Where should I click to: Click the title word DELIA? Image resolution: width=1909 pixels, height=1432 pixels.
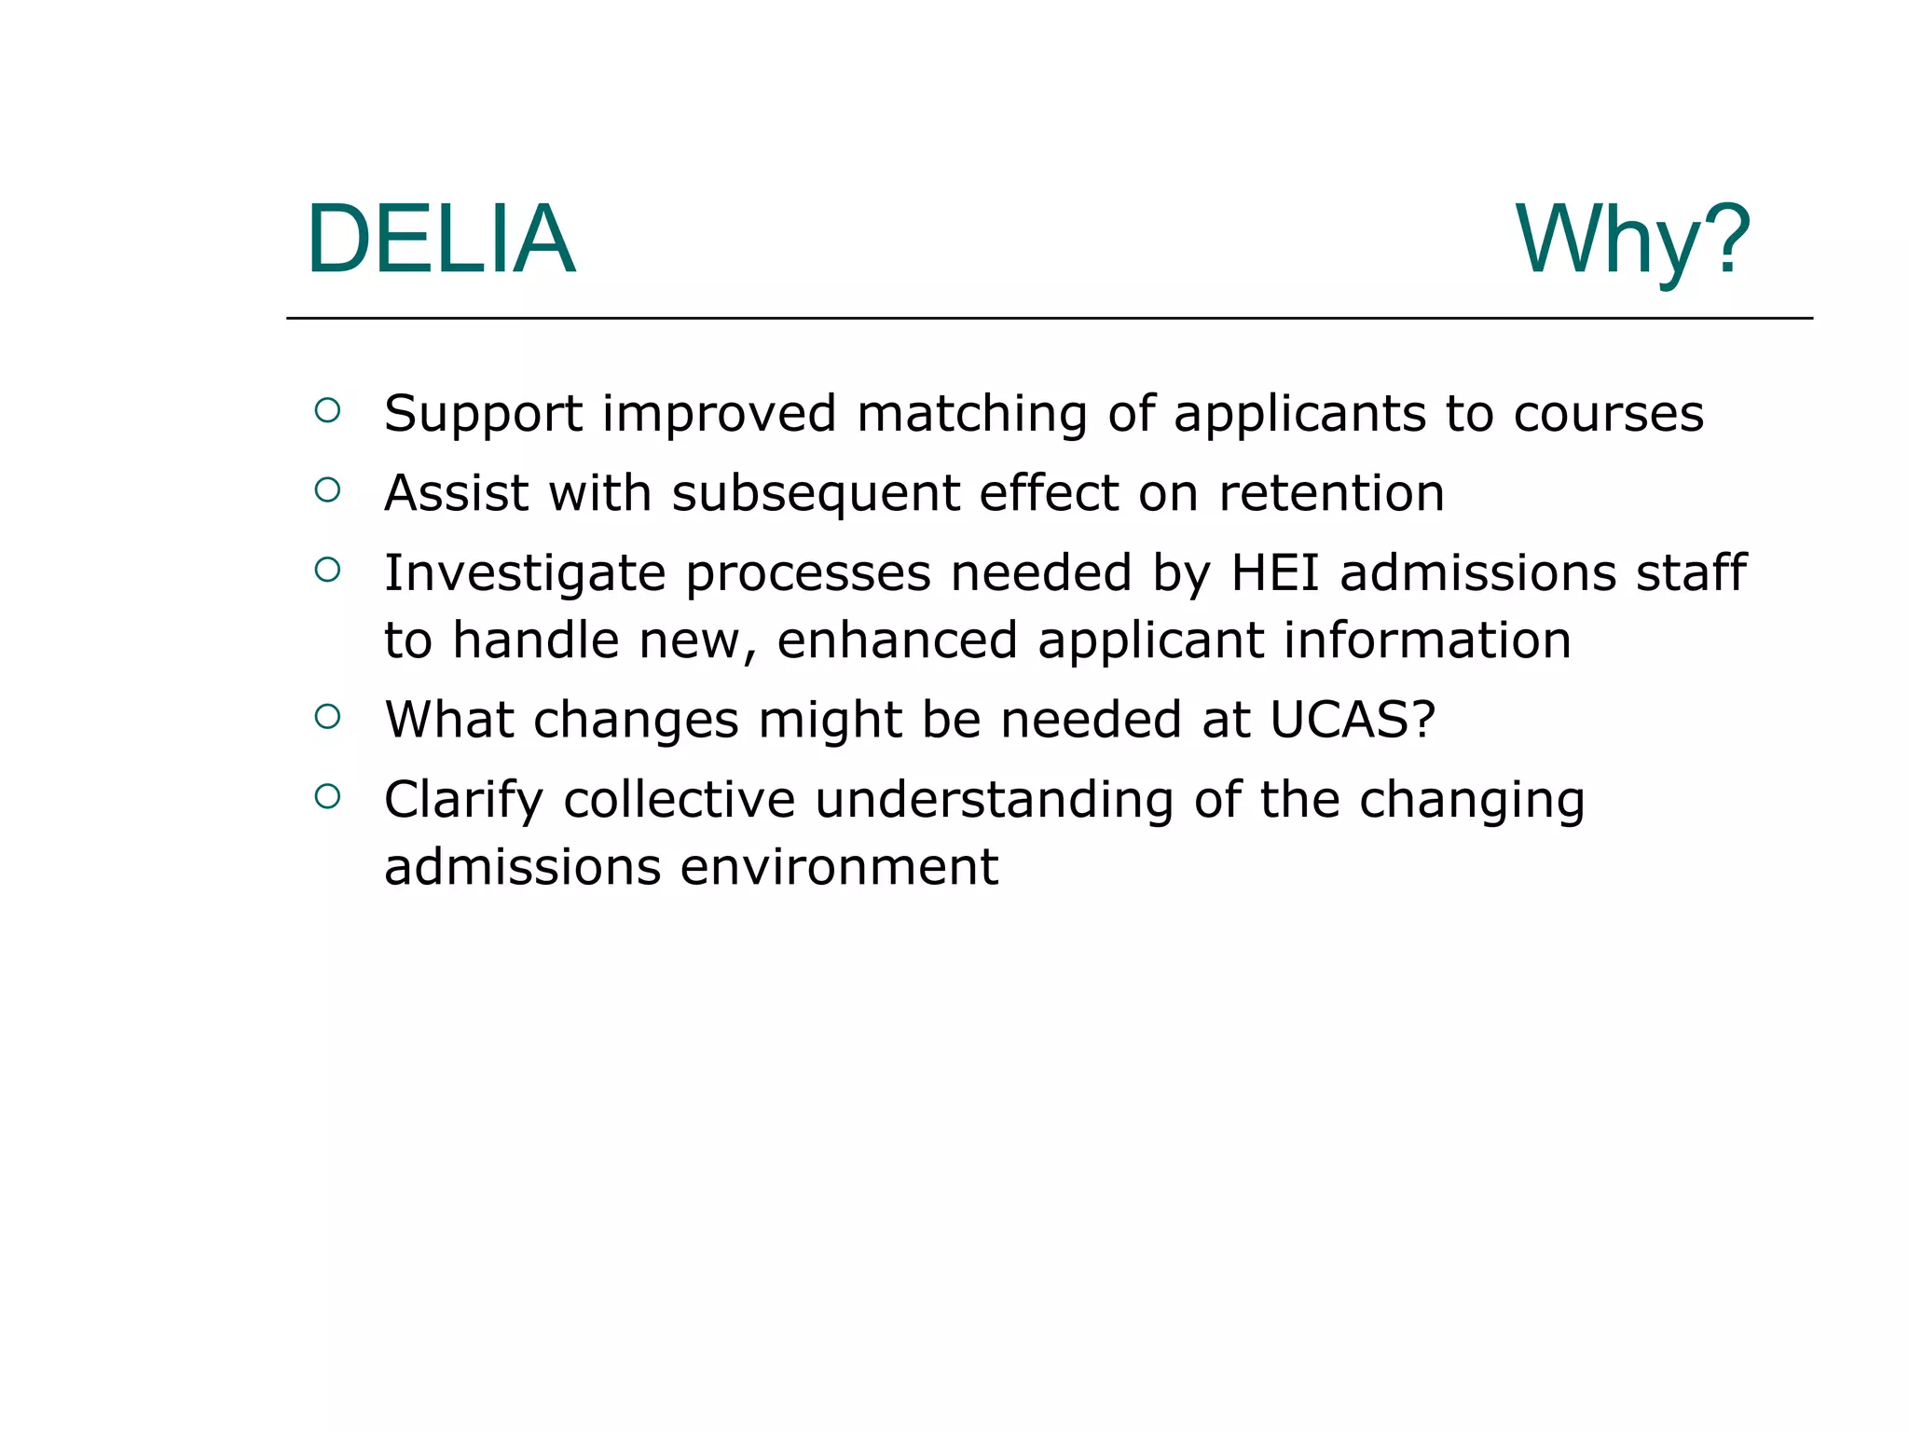[440, 240]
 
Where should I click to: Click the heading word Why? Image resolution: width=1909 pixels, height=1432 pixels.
[1632, 240]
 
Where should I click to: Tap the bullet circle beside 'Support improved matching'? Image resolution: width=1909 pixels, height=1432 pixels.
[327, 410]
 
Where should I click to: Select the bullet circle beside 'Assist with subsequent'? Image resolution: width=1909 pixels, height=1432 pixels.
[327, 489]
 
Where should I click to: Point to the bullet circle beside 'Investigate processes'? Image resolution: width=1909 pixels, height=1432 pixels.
[327, 570]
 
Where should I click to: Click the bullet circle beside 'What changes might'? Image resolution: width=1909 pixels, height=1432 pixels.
[327, 716]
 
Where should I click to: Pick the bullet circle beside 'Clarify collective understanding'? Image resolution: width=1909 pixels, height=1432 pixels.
[327, 796]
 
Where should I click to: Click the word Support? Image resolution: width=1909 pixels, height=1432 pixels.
[483, 415]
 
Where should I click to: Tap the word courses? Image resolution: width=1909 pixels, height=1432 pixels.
[1608, 415]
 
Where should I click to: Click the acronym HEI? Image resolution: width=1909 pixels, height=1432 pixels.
[1274, 572]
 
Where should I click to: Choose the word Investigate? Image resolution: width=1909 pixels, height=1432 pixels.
[525, 574]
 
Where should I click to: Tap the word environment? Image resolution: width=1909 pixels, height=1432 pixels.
[839, 868]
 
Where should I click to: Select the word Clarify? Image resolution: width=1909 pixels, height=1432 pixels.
[463, 801]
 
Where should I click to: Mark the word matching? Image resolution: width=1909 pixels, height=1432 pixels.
[971, 416]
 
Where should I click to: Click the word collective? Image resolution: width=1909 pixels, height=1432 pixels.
[680, 800]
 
